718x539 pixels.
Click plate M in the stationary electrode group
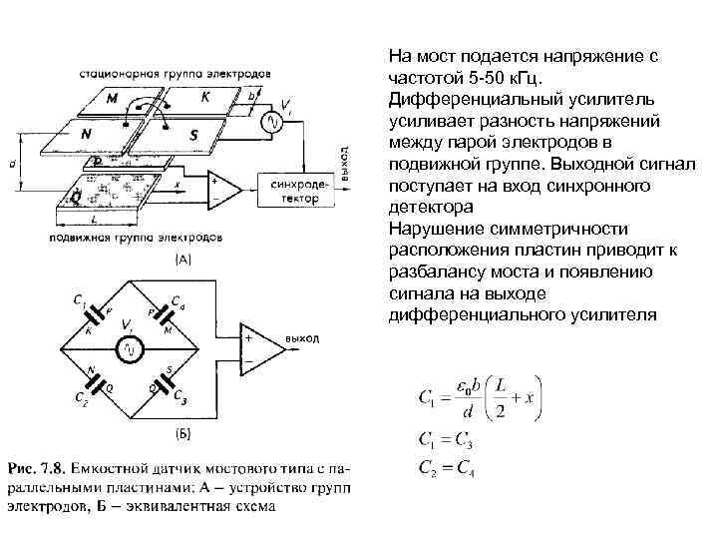113,99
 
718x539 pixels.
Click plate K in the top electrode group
205,97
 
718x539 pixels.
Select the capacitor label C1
77,297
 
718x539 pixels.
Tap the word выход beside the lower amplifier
302,339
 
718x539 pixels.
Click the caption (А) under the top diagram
183,260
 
